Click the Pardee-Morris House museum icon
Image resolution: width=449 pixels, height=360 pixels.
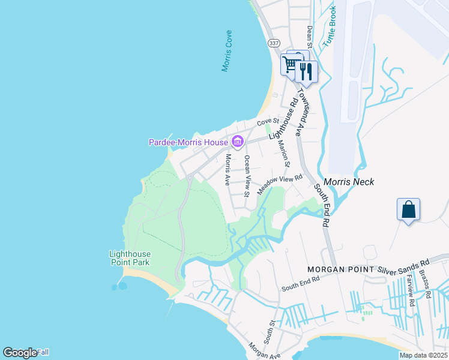[x=237, y=142]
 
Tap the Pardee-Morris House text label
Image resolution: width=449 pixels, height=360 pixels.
[x=188, y=142]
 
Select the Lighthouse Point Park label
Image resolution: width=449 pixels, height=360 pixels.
[x=129, y=258]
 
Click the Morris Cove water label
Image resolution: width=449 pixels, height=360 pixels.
[x=227, y=51]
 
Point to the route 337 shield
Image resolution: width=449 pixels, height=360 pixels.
[x=274, y=43]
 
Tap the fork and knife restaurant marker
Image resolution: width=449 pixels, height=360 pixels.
[x=306, y=71]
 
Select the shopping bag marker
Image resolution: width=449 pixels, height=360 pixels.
[x=408, y=210]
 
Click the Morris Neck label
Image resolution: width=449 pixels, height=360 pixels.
[x=349, y=182]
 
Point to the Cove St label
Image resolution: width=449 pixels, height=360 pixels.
[x=265, y=122]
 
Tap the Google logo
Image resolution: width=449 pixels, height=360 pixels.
[x=20, y=353]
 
